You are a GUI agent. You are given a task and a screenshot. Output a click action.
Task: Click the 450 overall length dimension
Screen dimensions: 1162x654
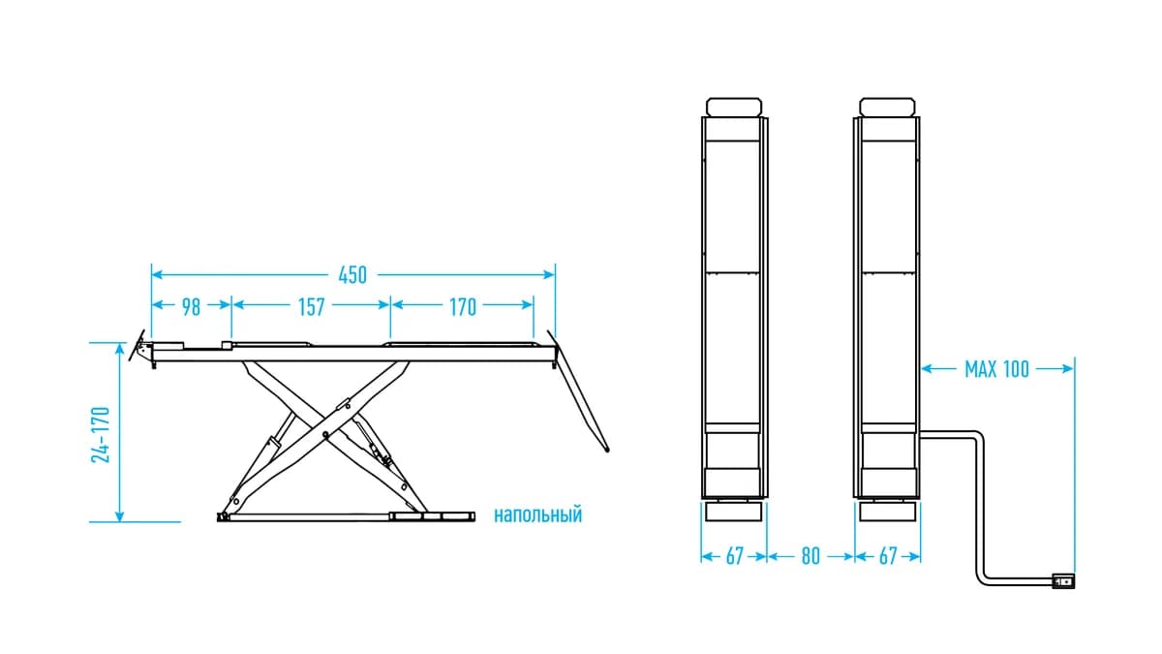pos(352,275)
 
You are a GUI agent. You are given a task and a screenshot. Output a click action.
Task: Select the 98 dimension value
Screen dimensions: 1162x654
pos(191,307)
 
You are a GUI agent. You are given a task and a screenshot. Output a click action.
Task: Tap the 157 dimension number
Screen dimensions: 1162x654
pos(311,307)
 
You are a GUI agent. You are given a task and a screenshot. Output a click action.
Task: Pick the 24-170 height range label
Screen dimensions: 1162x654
pos(101,435)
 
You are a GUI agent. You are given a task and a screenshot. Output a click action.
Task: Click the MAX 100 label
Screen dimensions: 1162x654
pos(996,369)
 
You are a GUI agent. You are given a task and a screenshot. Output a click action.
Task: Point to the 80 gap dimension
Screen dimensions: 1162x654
pos(810,556)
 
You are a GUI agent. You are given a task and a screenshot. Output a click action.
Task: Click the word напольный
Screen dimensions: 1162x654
pos(537,514)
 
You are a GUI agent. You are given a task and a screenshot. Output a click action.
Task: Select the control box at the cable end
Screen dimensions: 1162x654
pos(1063,580)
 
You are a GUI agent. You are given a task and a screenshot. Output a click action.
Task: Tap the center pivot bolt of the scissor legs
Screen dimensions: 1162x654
pos(325,434)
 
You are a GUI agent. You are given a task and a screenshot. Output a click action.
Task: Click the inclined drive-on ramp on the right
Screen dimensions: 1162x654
pos(578,391)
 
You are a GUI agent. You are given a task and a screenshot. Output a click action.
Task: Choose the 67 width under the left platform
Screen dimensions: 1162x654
pos(735,556)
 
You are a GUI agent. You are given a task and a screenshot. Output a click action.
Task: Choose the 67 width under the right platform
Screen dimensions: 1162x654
pos(888,556)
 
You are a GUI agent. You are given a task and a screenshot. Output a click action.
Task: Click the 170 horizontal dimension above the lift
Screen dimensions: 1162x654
pos(463,307)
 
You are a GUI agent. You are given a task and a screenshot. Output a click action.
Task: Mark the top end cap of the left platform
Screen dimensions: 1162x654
pos(734,107)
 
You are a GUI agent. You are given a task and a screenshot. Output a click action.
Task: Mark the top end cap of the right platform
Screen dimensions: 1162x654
pos(887,107)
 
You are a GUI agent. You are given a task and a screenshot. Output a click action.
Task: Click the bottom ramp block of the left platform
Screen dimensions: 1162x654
pos(734,512)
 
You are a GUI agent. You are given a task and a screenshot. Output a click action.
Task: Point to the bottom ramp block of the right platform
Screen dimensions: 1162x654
pos(887,512)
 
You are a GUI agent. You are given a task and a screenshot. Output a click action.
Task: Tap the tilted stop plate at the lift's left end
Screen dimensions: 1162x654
pos(137,345)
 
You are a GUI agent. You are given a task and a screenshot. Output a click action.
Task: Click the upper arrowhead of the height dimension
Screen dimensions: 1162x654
pos(119,349)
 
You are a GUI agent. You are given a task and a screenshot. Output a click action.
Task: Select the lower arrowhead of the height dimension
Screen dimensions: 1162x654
pos(119,515)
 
